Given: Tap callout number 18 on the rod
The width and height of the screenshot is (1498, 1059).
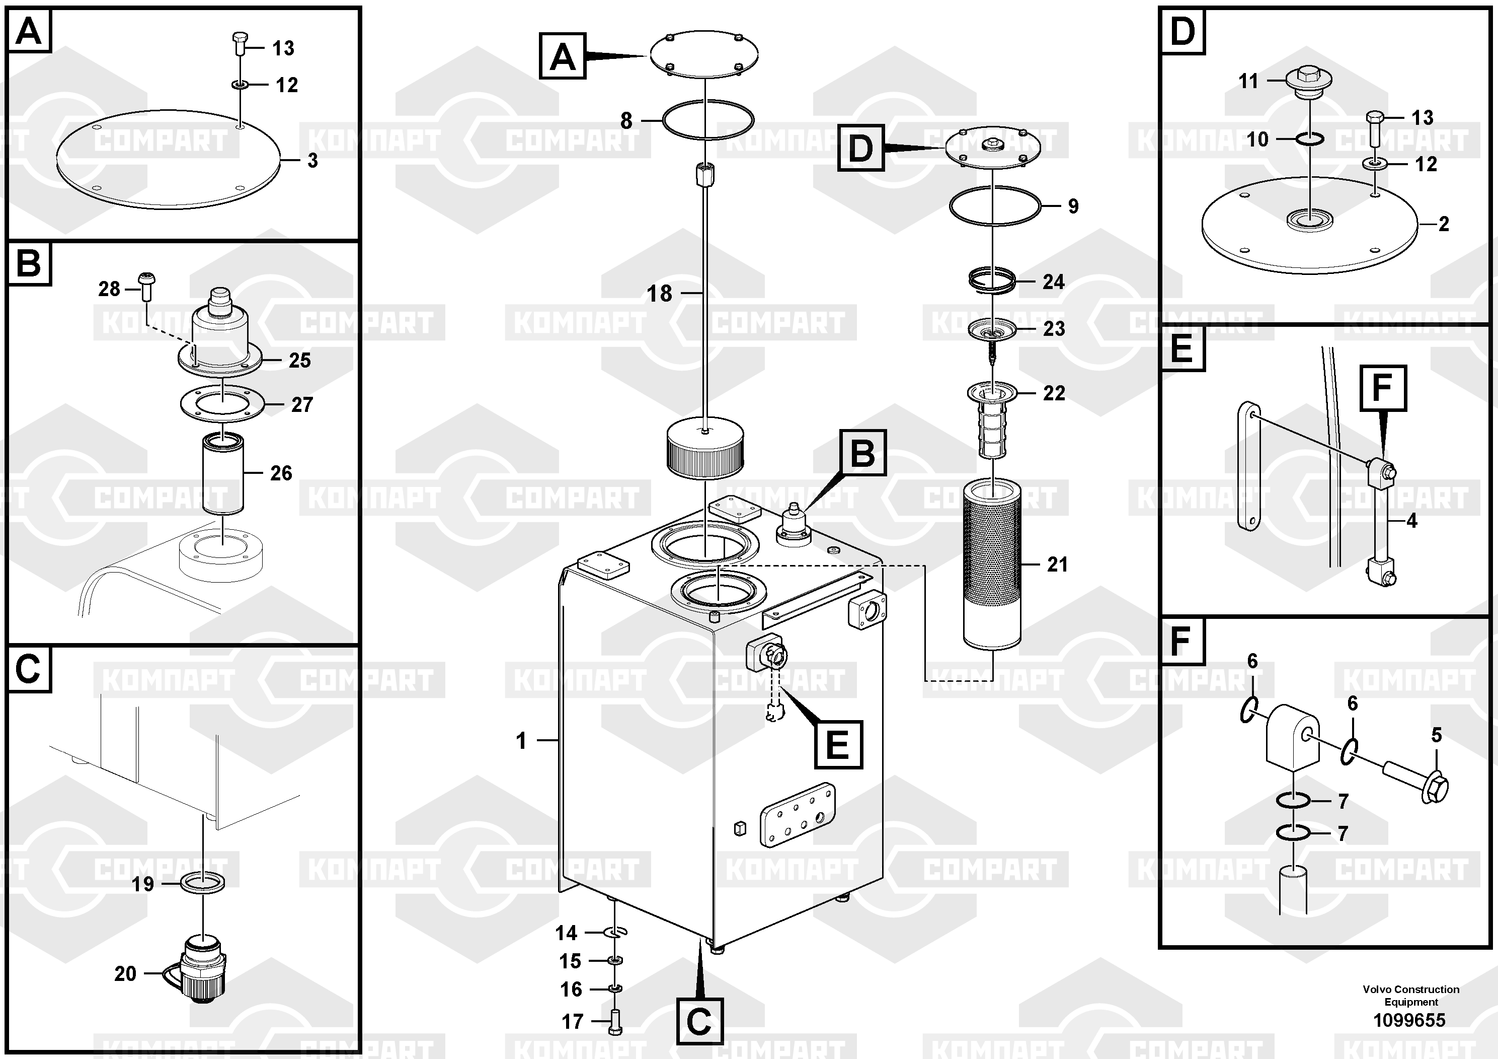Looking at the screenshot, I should click(x=659, y=293).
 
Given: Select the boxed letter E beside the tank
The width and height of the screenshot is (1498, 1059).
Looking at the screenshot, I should click(x=838, y=744).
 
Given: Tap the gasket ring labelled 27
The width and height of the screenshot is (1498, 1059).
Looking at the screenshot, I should click(x=222, y=404).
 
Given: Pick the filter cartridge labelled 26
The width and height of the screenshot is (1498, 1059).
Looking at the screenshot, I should click(x=222, y=473).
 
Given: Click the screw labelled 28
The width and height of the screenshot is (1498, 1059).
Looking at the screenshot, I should click(x=145, y=287).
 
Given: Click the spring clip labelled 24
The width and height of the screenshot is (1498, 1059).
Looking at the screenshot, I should click(x=992, y=281).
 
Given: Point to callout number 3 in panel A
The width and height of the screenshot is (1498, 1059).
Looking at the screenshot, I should click(x=312, y=160).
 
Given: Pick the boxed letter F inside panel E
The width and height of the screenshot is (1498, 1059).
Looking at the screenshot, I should click(x=1383, y=388).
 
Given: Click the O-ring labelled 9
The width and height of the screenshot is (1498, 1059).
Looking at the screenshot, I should click(x=994, y=206).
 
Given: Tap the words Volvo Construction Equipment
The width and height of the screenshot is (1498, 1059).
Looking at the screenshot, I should click(x=1410, y=996).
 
